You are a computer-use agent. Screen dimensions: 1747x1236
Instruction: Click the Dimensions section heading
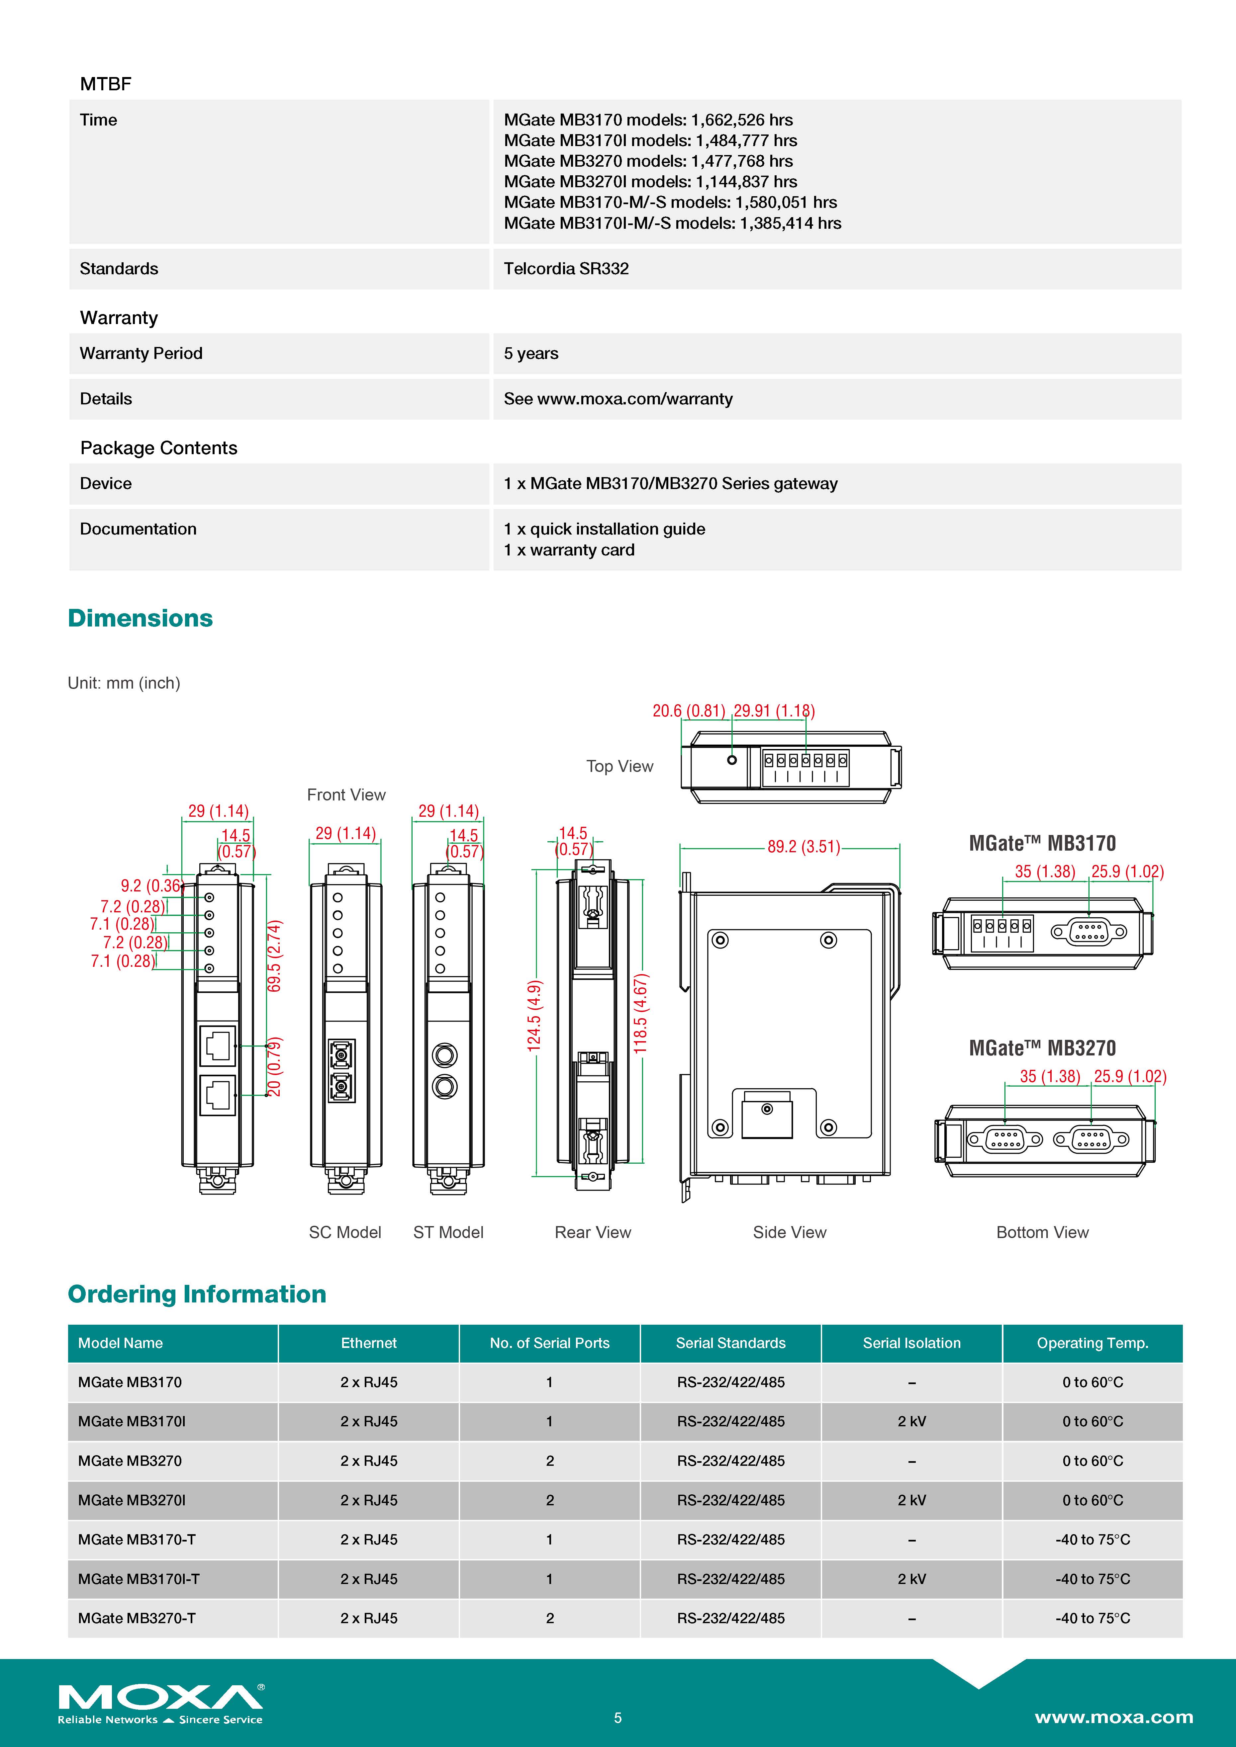click(140, 618)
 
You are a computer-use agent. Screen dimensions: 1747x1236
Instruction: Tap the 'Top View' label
click(619, 766)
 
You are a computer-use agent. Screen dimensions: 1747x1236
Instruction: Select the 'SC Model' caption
click(345, 1232)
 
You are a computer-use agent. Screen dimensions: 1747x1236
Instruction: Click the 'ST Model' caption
click(448, 1232)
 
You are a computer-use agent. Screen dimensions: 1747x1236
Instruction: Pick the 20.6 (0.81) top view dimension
click(688, 711)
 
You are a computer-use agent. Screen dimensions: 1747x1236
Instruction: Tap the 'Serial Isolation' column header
click(911, 1343)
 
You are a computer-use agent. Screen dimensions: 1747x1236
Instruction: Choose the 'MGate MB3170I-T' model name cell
click(139, 1579)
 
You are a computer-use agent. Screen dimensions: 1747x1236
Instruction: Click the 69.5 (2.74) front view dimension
click(275, 956)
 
